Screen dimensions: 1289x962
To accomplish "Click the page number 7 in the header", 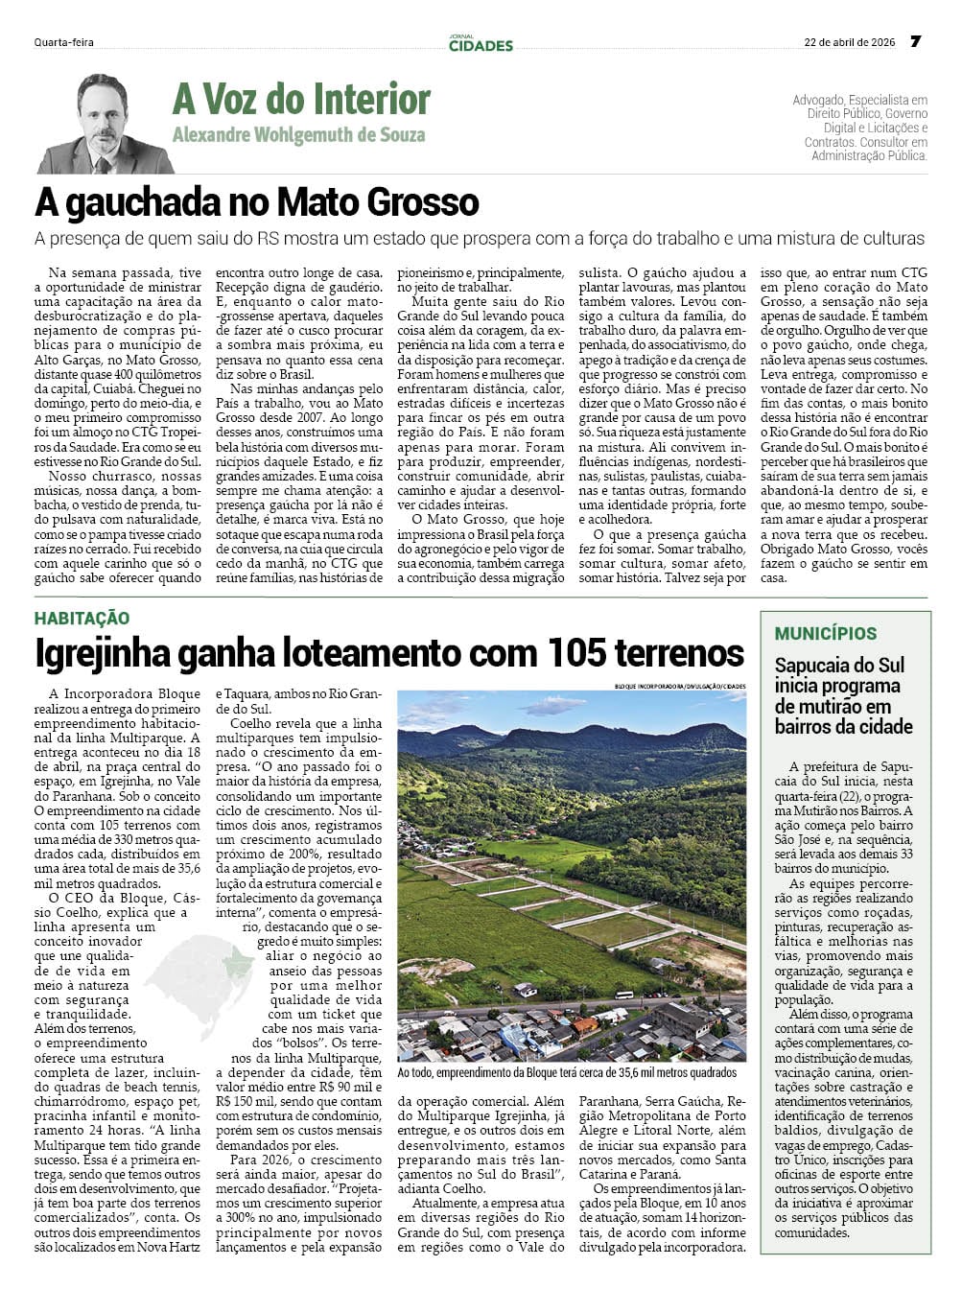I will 915,41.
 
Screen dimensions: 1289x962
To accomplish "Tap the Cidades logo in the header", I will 481,43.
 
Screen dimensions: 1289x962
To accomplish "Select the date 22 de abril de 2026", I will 849,42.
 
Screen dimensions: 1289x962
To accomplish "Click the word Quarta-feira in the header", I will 63,42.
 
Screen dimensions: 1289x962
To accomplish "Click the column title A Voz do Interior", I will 301,99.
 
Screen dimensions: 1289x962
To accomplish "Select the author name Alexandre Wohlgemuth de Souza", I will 298,134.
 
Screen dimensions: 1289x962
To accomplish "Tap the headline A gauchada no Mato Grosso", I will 257,201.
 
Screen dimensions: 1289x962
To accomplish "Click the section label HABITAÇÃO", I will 82,619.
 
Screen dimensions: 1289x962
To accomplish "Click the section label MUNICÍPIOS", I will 826,633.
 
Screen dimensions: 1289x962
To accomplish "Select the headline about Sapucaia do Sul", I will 839,695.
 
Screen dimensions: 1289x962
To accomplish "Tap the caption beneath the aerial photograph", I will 567,1072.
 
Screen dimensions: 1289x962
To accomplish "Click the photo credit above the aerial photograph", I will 680,686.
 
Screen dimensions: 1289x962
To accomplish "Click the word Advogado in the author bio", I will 817,100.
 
